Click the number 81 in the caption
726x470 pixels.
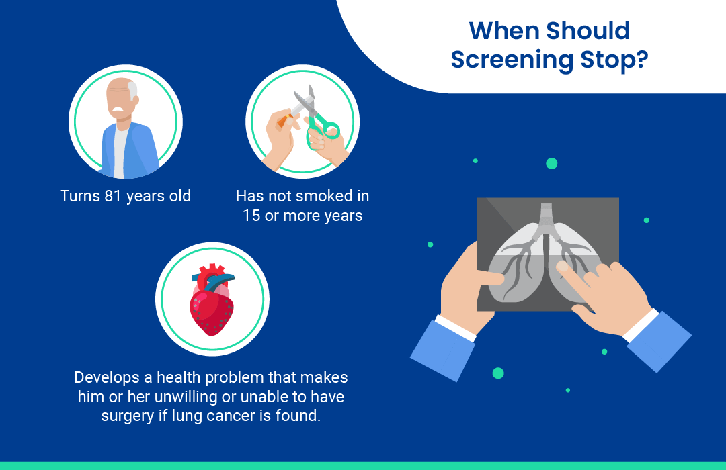point(112,195)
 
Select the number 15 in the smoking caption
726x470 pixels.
point(251,216)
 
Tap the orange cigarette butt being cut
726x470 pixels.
point(283,120)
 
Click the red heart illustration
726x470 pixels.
point(212,299)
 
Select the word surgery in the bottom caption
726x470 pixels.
point(128,416)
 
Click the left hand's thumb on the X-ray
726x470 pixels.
point(490,278)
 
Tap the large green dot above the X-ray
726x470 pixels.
point(551,163)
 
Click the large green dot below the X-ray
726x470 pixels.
point(498,373)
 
